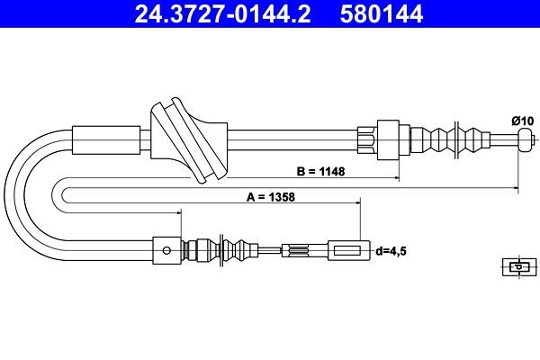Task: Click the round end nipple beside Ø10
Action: tap(525, 139)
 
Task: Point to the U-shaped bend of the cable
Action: tap(31, 193)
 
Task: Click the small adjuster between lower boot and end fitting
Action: tap(298, 250)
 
